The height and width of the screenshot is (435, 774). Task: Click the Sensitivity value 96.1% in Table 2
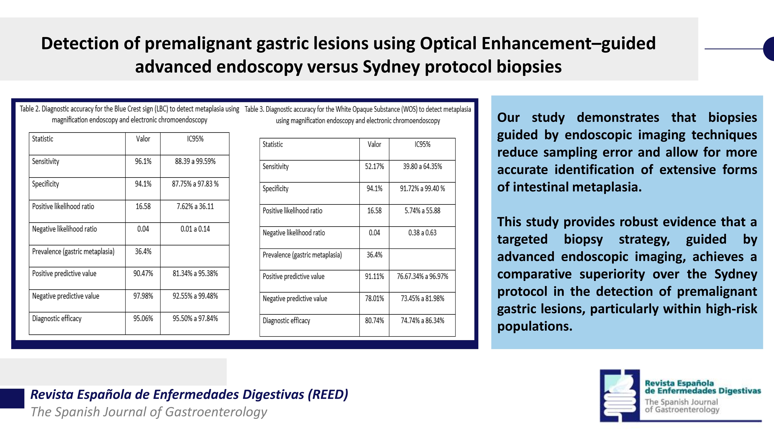click(143, 161)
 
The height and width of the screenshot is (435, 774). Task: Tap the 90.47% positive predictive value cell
click(143, 274)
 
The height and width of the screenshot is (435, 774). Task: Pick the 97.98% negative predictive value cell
click(143, 296)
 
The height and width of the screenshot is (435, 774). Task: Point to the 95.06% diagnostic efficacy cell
click(143, 319)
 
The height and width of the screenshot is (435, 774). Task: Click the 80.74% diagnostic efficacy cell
click(374, 321)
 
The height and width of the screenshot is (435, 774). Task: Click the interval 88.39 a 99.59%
click(195, 161)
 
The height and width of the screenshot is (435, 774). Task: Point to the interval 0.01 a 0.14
click(195, 229)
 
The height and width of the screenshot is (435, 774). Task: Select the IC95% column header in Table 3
click(422, 144)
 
